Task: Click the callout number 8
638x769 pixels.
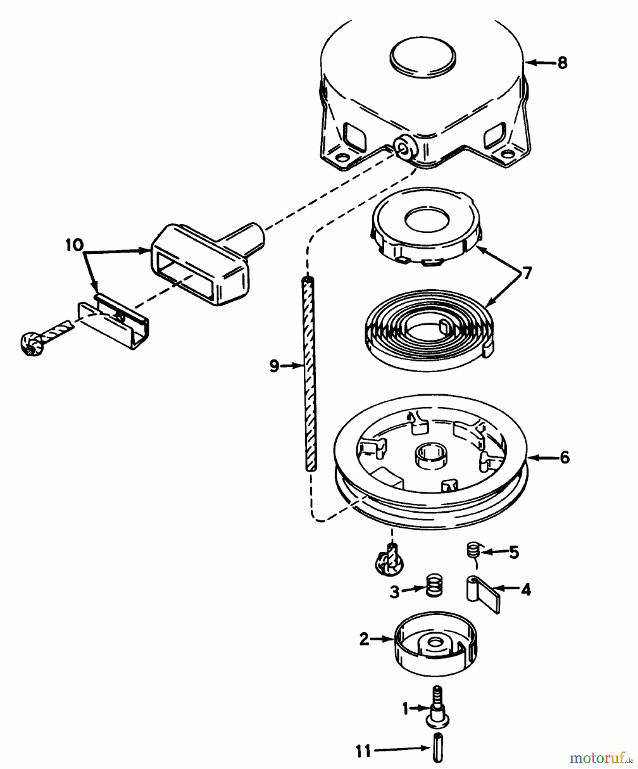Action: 562,63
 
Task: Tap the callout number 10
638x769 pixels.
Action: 74,245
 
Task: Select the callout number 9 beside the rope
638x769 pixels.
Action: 275,366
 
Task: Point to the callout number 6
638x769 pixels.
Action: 564,458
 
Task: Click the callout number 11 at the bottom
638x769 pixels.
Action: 364,751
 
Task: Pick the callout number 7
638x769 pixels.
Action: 527,273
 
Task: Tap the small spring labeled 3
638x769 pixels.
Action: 434,585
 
